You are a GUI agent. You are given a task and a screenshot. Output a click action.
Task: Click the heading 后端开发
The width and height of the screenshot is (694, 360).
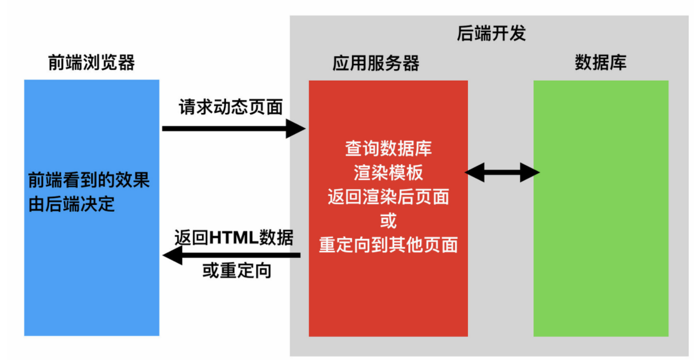491,33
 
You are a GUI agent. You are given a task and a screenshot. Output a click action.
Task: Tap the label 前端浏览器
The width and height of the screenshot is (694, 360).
91,62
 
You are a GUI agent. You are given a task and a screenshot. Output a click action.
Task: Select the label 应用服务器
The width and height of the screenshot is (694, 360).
376,63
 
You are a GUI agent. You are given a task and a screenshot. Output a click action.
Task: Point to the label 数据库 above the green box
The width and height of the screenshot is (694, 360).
600,62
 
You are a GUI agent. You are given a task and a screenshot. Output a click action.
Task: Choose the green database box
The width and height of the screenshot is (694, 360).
601,256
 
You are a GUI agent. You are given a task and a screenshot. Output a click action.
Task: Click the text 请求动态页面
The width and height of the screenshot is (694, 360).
231,107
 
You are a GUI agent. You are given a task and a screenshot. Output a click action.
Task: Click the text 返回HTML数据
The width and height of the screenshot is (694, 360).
234,237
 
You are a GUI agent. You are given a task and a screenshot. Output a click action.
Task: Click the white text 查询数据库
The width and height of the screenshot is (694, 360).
388,149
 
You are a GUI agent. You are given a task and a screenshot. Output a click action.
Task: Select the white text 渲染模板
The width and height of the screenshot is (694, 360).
388,173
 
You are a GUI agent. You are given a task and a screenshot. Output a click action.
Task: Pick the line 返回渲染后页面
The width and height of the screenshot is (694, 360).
388,197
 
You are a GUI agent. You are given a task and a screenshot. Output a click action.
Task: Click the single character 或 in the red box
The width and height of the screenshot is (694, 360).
388,220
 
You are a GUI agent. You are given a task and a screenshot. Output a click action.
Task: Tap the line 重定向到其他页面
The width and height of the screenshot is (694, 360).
388,245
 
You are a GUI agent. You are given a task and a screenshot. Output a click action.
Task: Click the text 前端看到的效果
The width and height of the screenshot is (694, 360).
89,181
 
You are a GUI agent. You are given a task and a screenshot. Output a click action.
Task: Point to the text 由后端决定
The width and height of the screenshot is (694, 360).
72,204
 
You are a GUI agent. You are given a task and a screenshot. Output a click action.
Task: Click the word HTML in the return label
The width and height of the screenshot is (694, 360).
233,238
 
